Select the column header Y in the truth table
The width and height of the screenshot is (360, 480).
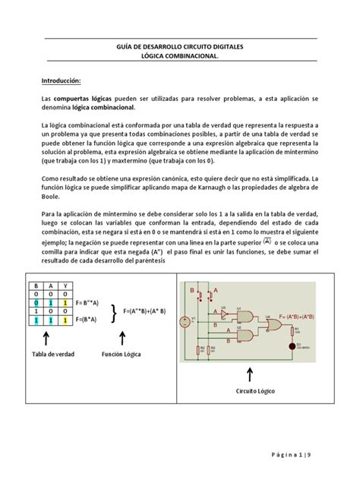coord(65,286)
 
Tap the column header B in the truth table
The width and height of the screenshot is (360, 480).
coord(35,286)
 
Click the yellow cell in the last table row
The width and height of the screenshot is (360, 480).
coord(65,322)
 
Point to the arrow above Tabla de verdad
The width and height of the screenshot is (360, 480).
coord(47,339)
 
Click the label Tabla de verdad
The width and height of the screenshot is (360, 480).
coord(47,355)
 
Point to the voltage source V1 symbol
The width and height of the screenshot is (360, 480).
coord(194,320)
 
